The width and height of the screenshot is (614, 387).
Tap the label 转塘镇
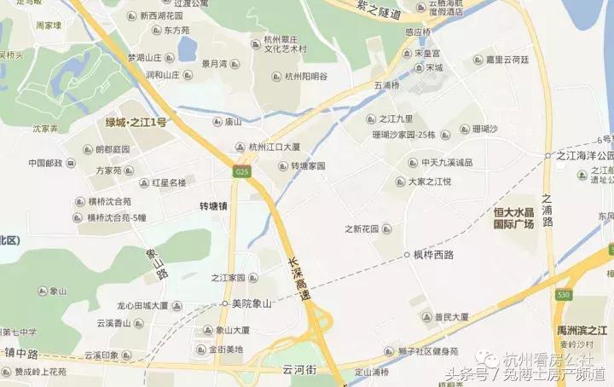tap(213, 206)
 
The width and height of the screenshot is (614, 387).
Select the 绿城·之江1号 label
tap(136, 123)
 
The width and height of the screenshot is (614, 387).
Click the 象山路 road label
tap(156, 261)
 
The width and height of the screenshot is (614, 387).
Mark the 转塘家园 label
tap(308, 165)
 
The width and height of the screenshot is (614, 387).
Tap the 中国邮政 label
tap(45, 163)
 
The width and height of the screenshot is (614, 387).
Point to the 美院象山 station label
tap(252, 303)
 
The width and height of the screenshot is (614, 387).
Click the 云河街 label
tap(299, 370)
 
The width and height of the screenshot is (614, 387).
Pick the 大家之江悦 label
tap(429, 182)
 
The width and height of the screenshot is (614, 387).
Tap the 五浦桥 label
tap(386, 85)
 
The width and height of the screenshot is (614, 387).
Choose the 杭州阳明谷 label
tap(305, 77)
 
